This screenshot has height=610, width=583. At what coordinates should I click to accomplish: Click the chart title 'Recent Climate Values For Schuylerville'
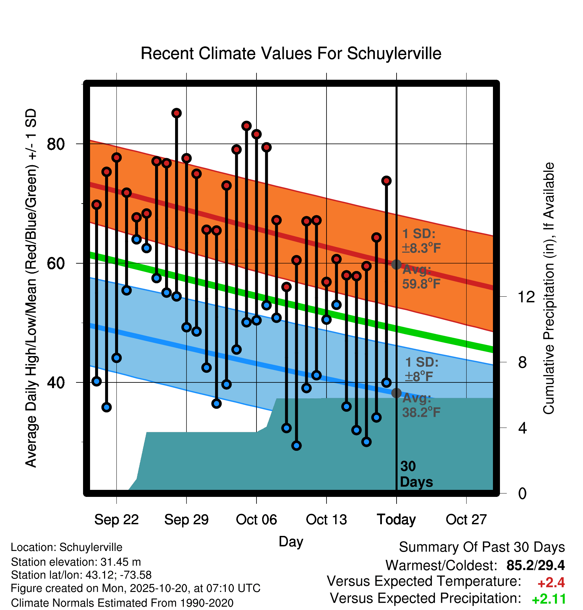(x=291, y=53)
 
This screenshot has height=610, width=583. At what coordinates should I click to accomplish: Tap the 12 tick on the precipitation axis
(x=526, y=297)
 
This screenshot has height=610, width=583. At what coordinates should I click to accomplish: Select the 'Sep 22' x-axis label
(x=116, y=520)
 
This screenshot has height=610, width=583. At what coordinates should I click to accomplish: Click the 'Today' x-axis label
(x=396, y=520)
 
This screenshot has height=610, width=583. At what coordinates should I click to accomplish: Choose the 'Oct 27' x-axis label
(x=466, y=520)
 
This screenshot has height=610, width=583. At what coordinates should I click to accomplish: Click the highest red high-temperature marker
(x=176, y=113)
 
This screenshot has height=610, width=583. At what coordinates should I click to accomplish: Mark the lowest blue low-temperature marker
(x=297, y=445)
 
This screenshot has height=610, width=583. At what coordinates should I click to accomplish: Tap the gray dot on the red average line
(x=396, y=265)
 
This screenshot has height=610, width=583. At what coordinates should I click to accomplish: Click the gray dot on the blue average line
(x=396, y=393)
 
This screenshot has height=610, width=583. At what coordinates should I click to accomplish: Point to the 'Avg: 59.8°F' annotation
(x=421, y=277)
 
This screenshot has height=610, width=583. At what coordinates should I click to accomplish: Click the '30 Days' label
(x=416, y=474)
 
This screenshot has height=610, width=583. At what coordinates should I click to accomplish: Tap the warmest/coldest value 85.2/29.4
(x=535, y=566)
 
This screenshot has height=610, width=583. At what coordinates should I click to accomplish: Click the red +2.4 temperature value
(x=551, y=583)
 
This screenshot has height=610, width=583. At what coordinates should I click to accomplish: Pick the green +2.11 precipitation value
(x=549, y=599)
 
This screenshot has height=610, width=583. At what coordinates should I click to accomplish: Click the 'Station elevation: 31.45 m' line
(x=76, y=562)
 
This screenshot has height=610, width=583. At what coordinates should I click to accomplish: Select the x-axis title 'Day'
(x=291, y=541)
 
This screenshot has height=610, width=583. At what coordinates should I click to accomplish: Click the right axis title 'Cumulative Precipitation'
(x=549, y=288)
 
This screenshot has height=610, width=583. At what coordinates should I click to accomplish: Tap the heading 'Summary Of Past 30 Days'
(x=482, y=547)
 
